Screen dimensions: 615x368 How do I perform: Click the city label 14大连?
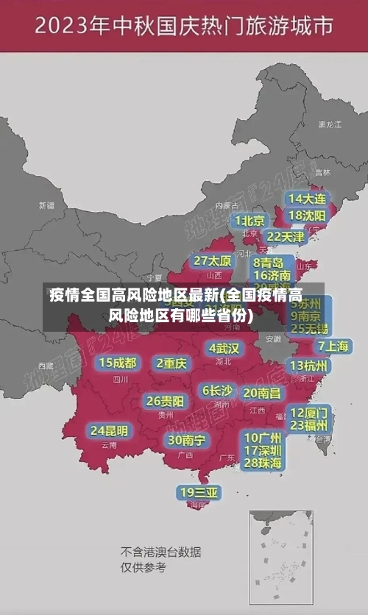coord(308,199)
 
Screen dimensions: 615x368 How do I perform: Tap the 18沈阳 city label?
coord(308,215)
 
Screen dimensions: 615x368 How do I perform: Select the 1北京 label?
coord(250,220)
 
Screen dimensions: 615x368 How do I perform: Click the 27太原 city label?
coord(213,261)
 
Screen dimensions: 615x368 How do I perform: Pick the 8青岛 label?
coord(269,263)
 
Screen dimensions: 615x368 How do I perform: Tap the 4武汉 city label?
coord(224,348)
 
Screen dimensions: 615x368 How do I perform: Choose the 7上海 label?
coord(333,346)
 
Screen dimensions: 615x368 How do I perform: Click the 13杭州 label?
coord(309,366)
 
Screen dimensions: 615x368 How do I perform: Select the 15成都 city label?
coord(118,363)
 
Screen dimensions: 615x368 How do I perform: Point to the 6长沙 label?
coord(218,391)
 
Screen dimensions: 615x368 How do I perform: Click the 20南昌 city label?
coord(261,393)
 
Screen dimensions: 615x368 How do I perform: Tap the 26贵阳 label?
coord(165,401)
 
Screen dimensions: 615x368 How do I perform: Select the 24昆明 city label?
coord(109,430)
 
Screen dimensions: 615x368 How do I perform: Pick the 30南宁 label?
coord(186,440)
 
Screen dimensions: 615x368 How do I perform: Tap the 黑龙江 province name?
coord(329,125)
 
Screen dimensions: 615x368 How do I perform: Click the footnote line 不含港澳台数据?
coord(160,552)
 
